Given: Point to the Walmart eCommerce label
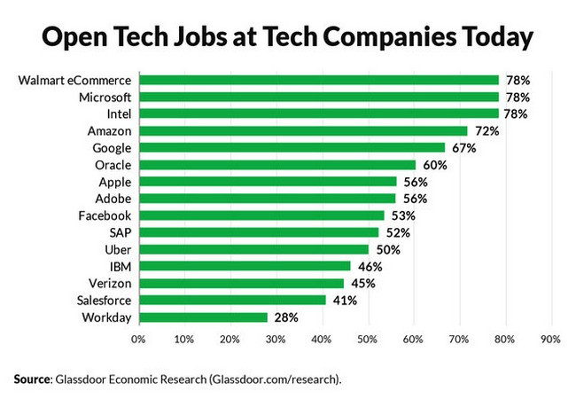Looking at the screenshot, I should (x=75, y=81).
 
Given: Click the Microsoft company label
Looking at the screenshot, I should (x=105, y=98).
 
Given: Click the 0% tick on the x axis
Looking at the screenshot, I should (x=137, y=339).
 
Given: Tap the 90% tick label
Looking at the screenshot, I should (x=549, y=339).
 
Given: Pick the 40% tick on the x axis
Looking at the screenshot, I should (x=321, y=339).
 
